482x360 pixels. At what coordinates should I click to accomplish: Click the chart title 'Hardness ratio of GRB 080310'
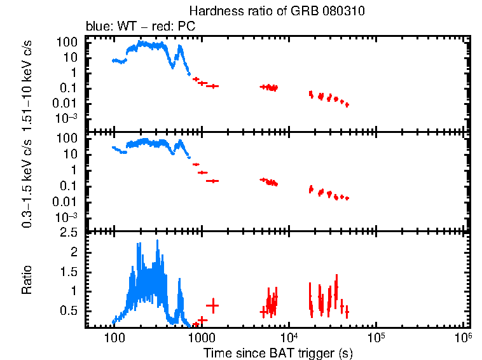coord(277,12)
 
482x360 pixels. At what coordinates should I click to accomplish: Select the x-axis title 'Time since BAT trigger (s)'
coord(277,352)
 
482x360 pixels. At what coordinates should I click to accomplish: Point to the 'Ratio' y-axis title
coord(27,280)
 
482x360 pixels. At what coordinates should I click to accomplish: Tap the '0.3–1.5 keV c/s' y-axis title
coord(27,182)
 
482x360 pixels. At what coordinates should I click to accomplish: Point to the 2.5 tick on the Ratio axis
coord(69,233)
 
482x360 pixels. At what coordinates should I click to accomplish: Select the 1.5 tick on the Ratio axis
coord(69,272)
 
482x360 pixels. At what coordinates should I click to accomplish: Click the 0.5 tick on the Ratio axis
coord(69,310)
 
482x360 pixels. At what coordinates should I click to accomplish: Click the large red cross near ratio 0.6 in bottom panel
coord(212,305)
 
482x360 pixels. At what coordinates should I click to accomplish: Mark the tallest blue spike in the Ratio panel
coord(157,242)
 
